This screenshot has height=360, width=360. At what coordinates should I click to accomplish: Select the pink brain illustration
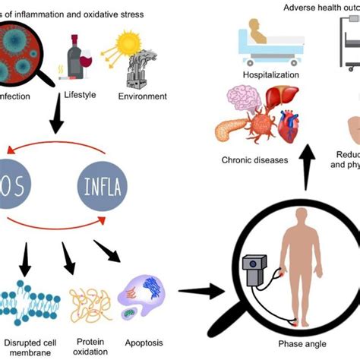pos(245,103)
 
